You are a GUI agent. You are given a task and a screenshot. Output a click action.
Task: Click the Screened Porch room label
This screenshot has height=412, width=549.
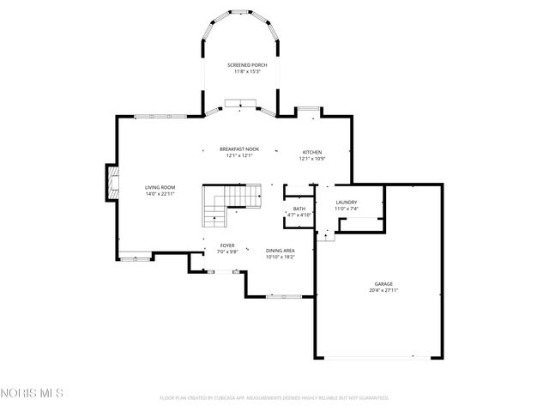click(x=246, y=65)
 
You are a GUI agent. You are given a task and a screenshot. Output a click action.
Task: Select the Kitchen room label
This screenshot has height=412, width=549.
click(x=311, y=152)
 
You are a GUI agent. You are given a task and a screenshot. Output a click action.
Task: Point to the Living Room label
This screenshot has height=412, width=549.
click(x=160, y=187)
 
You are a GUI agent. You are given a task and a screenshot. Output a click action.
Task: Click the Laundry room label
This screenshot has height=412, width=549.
click(x=347, y=202)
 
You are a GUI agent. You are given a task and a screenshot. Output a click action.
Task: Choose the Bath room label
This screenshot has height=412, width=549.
click(x=299, y=209)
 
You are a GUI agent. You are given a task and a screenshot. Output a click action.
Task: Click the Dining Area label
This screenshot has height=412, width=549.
click(x=280, y=250)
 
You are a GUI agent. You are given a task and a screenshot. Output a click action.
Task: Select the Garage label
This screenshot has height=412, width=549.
click(x=383, y=284)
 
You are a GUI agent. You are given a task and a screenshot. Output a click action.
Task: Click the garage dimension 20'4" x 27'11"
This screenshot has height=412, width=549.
click(x=383, y=290)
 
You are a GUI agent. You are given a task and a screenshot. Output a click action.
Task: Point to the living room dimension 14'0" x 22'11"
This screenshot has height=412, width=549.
click(x=160, y=193)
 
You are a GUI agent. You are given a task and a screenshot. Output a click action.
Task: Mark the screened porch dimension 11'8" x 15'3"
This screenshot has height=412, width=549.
click(x=246, y=71)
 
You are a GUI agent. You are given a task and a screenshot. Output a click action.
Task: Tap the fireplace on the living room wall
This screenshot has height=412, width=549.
click(x=111, y=180)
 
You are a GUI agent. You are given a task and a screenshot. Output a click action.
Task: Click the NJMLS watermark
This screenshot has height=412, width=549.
click(x=32, y=394)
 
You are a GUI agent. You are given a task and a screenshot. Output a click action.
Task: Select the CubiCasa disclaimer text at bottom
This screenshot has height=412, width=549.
click(x=274, y=398)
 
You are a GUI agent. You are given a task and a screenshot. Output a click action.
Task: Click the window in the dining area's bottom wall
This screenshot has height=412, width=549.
click(x=281, y=296)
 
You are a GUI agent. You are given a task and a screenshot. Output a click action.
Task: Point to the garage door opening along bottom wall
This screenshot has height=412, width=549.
click(x=378, y=357)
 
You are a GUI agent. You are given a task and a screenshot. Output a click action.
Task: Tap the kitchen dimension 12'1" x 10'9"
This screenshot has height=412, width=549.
click(x=311, y=158)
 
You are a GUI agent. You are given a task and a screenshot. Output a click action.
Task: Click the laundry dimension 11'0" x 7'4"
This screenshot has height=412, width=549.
click(x=347, y=209)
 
